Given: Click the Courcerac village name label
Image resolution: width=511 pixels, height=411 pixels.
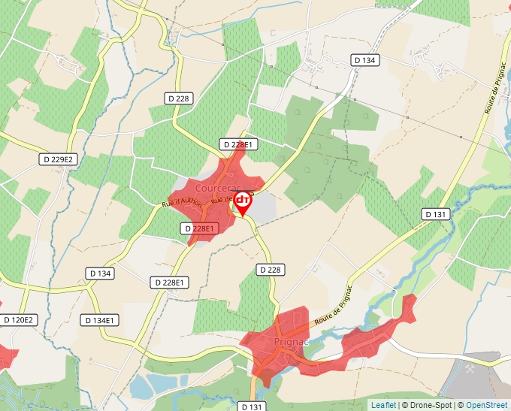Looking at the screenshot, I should (x=216, y=186).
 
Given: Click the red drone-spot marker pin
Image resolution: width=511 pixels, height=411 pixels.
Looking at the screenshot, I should (x=242, y=201).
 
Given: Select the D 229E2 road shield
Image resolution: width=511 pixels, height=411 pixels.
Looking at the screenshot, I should (x=59, y=159).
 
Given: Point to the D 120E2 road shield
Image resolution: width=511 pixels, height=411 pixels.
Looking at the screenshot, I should (x=18, y=320).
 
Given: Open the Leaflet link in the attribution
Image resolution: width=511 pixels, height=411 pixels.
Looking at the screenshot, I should (x=383, y=405).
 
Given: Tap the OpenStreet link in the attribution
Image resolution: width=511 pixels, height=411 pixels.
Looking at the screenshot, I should (x=486, y=405).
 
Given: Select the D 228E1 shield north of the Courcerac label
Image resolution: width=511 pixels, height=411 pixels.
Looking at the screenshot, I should (x=240, y=144).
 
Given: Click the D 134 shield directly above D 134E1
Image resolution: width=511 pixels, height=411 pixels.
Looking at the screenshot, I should (x=99, y=273).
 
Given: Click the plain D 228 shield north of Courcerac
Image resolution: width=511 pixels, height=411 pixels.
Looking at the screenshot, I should (x=179, y=98).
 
